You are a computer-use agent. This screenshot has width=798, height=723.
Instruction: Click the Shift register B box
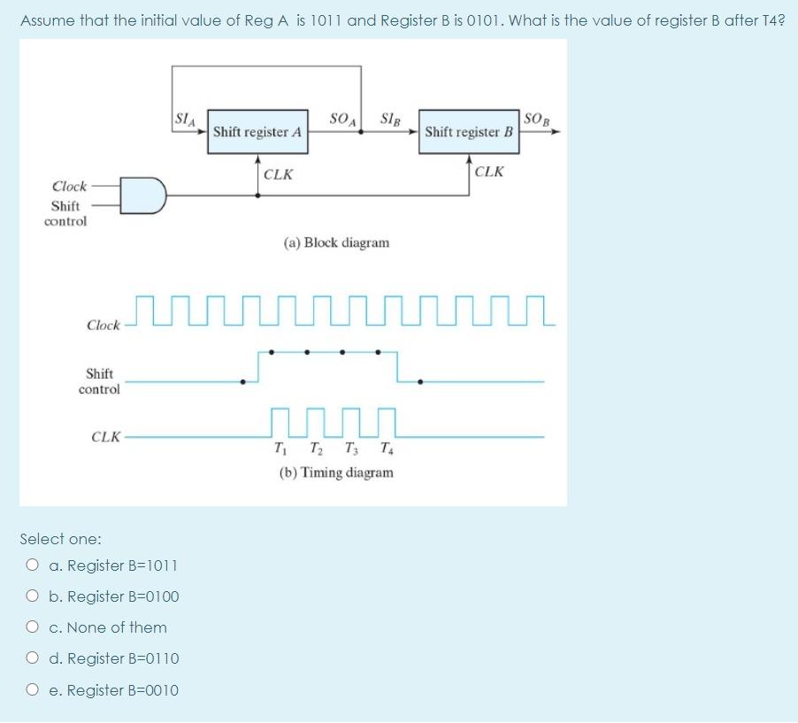click(469, 132)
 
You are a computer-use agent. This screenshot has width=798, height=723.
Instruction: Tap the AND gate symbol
click(144, 195)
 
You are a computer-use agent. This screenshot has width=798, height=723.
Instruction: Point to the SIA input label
click(186, 116)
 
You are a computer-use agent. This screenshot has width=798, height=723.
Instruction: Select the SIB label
click(392, 119)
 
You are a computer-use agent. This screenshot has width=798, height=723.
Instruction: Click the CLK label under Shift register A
click(279, 174)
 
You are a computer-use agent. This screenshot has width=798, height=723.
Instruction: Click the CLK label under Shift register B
click(489, 171)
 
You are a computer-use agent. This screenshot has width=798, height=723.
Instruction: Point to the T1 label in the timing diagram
click(280, 446)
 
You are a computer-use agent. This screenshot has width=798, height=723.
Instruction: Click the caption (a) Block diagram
click(336, 242)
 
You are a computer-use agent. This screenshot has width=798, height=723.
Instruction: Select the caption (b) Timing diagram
click(336, 473)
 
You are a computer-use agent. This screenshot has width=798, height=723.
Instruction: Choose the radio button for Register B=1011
click(33, 565)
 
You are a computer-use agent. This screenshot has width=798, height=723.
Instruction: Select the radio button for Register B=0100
click(33, 596)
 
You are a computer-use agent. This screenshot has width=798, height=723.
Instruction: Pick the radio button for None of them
click(33, 627)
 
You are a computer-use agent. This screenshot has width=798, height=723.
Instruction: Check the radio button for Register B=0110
click(33, 658)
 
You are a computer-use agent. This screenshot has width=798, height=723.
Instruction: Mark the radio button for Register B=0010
click(33, 690)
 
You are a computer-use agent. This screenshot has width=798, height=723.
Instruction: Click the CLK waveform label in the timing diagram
click(106, 436)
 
